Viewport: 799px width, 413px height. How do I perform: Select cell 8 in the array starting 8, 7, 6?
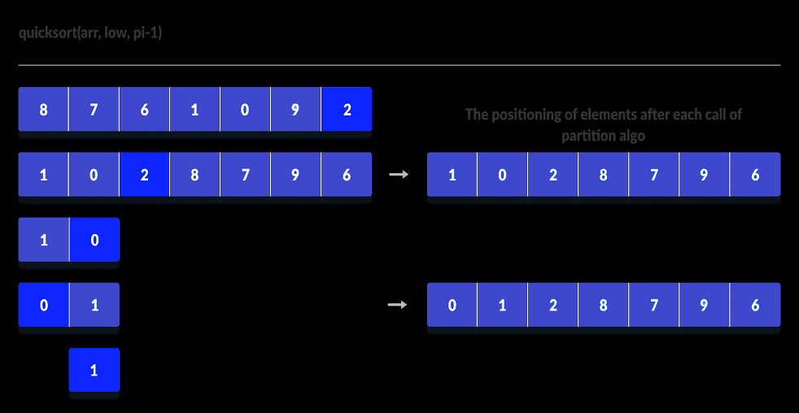43,110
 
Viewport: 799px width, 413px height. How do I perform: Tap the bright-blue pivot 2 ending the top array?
347,110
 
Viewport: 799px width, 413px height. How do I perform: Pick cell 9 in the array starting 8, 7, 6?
296,110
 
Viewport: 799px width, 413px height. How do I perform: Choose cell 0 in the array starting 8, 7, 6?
246,110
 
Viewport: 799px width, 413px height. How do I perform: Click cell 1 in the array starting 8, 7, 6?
195,110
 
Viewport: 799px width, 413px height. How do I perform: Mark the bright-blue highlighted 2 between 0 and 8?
144,175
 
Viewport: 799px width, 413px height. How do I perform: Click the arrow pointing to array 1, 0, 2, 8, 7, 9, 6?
399,174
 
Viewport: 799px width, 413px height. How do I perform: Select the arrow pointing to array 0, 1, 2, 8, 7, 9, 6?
399,305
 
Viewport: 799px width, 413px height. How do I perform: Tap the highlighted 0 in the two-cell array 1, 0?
94,240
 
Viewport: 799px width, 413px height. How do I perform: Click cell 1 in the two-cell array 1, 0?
43,240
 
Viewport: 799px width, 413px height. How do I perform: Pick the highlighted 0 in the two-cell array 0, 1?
43,305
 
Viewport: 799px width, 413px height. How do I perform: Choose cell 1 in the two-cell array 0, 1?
94,305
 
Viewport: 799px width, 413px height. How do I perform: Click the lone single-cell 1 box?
94,370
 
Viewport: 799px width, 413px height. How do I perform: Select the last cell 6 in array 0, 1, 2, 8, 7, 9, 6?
755,305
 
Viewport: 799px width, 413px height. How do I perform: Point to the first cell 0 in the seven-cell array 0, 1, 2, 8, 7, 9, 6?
452,305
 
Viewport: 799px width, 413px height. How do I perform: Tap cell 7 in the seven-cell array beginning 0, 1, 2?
654,305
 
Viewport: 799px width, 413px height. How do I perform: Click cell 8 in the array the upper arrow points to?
603,175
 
